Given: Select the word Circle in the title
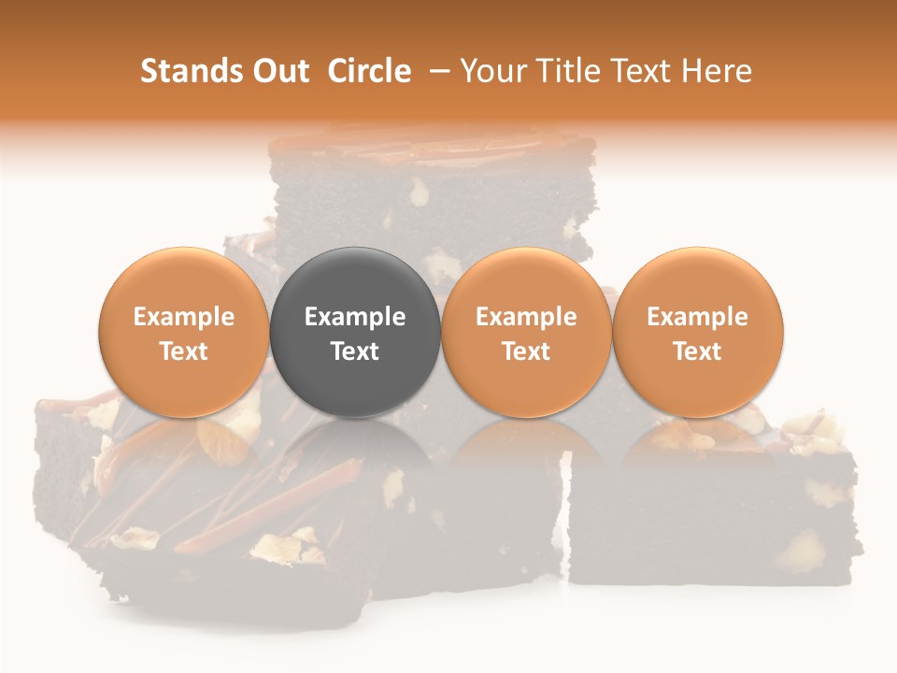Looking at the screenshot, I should (x=369, y=71).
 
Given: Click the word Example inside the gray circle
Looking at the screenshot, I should (x=355, y=317).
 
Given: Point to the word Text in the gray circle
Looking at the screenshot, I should (x=355, y=351).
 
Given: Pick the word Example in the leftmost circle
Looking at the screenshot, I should (x=184, y=317).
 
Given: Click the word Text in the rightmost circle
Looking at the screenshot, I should (x=697, y=351).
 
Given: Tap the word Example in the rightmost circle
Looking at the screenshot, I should (x=697, y=317).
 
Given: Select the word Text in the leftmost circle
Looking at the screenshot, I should (x=184, y=351).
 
